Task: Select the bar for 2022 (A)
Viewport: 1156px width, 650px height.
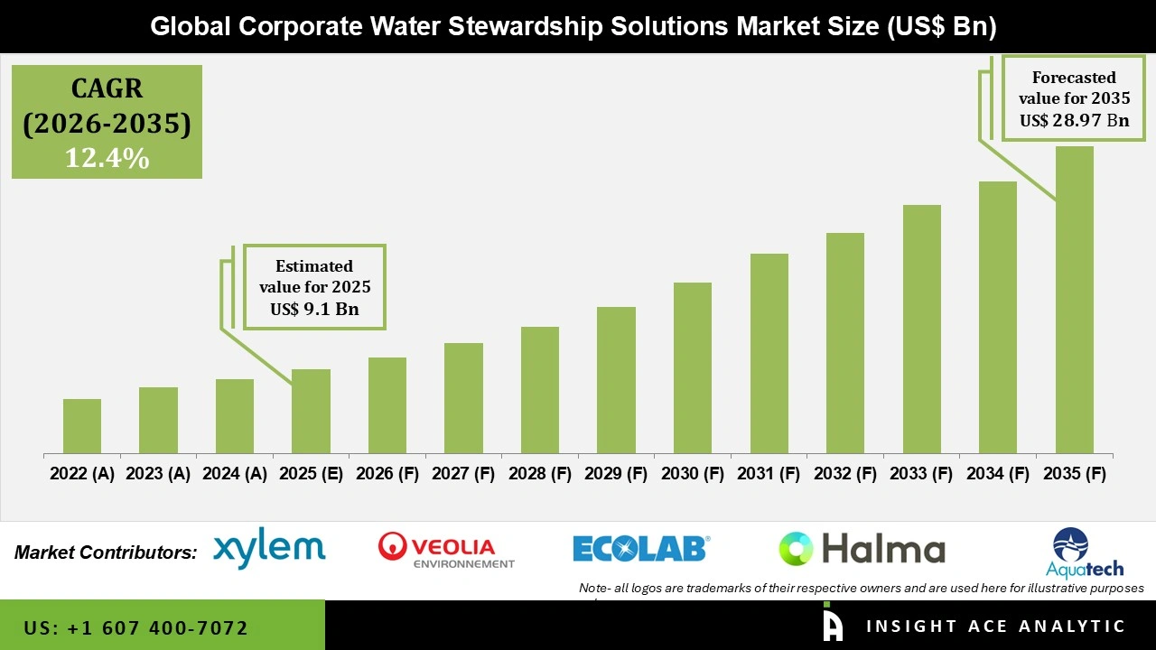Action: [82, 426]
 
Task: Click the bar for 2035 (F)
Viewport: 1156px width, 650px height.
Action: [1074, 300]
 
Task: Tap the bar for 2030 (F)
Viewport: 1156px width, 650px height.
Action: [693, 367]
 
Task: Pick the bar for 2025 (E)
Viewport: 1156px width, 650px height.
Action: [311, 411]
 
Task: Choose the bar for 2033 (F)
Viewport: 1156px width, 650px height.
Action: [922, 329]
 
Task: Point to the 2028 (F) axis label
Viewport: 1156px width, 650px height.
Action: [540, 474]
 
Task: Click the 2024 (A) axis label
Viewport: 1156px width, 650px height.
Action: [235, 474]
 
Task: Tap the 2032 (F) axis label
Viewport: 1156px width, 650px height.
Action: [845, 474]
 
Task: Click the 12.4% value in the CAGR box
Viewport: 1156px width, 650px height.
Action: [107, 158]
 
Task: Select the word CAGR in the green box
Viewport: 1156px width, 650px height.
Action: [107, 88]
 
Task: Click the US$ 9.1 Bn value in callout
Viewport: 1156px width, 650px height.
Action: [314, 310]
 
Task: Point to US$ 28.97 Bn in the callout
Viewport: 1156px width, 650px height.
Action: [1074, 120]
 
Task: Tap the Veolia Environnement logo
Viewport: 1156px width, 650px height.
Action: [446, 550]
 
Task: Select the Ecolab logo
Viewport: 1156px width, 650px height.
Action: [641, 548]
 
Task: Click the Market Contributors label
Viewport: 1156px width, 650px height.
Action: [106, 552]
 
